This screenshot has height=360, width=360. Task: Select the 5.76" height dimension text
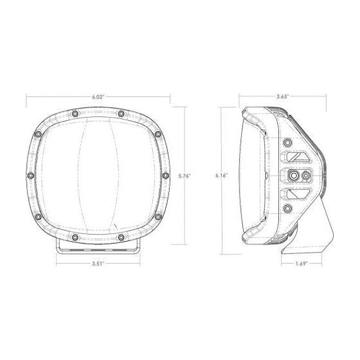tap(185, 175)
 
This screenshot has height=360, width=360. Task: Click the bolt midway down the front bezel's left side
tap(28, 175)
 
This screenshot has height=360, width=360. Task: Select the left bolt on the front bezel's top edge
tap(76, 114)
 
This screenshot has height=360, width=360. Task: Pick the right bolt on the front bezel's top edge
tap(120, 114)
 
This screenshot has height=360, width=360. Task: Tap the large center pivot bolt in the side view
tap(294, 175)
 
